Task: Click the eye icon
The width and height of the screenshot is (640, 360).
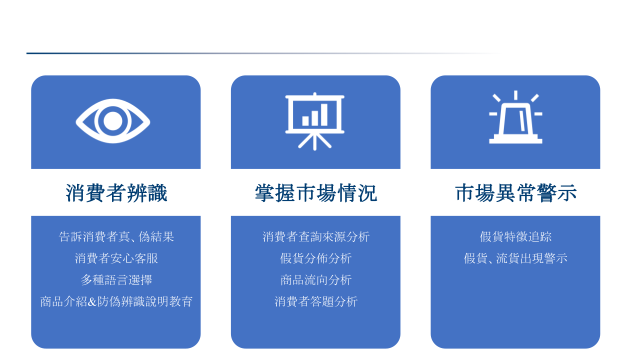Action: tap(113, 121)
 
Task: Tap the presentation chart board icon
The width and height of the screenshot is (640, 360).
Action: tap(315, 121)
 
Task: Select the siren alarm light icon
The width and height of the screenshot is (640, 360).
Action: tap(515, 117)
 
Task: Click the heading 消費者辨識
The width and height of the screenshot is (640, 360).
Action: tap(116, 193)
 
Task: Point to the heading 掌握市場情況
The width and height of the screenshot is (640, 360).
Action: tap(315, 193)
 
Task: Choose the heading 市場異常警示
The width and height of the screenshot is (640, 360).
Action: tap(515, 193)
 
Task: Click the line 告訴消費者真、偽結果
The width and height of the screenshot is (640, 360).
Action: tap(116, 237)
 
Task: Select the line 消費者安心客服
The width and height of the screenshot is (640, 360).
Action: tap(116, 258)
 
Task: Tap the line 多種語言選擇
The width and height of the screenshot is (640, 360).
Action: tap(116, 279)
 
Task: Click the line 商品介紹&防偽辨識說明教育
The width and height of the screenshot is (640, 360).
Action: tap(116, 301)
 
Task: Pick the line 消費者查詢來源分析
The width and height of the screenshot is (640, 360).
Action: tap(316, 237)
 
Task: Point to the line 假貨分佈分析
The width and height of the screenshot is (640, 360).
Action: tap(316, 258)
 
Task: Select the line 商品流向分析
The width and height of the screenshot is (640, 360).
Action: tap(316, 279)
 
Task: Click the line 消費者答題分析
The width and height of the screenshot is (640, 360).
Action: tap(316, 301)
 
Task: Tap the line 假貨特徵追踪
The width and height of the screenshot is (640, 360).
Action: tap(515, 237)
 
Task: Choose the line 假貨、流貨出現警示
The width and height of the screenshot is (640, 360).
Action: tap(515, 258)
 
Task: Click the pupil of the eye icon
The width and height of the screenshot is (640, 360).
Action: tap(113, 121)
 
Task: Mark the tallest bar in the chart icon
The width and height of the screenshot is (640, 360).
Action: tap(324, 114)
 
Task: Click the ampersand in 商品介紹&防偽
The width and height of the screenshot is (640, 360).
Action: tap(92, 302)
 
